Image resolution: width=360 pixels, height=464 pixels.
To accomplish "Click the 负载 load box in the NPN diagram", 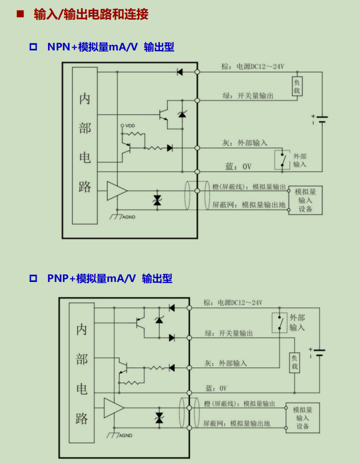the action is (297, 86).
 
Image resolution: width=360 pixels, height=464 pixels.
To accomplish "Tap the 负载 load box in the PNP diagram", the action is (294, 363).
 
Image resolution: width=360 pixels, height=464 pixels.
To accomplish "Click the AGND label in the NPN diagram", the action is (129, 217).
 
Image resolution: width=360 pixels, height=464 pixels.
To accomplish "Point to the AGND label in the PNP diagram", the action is (126, 436).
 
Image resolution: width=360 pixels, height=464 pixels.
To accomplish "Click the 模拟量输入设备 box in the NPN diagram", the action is (305, 200).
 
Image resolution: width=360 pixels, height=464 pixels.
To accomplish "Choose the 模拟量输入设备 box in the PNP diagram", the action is (302, 418).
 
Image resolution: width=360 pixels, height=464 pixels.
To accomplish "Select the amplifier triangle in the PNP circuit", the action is (114, 408).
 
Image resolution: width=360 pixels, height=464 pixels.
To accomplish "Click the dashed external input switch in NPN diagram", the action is (282, 160).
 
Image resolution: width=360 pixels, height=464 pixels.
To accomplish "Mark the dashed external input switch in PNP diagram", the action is (279, 323).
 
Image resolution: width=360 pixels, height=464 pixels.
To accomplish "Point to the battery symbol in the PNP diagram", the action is (318, 353).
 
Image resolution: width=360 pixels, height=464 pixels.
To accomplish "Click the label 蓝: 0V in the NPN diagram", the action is (239, 167).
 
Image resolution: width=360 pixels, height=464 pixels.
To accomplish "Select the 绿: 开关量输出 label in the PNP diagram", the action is (229, 333).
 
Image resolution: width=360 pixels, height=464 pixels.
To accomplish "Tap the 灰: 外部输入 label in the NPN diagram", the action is (245, 143).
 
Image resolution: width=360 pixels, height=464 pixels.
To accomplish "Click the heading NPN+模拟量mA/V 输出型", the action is (110, 47).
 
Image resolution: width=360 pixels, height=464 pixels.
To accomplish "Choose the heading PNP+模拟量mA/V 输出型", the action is (110, 279).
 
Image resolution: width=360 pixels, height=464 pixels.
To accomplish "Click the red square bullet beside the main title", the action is (20, 14).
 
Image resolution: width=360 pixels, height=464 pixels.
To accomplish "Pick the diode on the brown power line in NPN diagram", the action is (180, 72).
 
